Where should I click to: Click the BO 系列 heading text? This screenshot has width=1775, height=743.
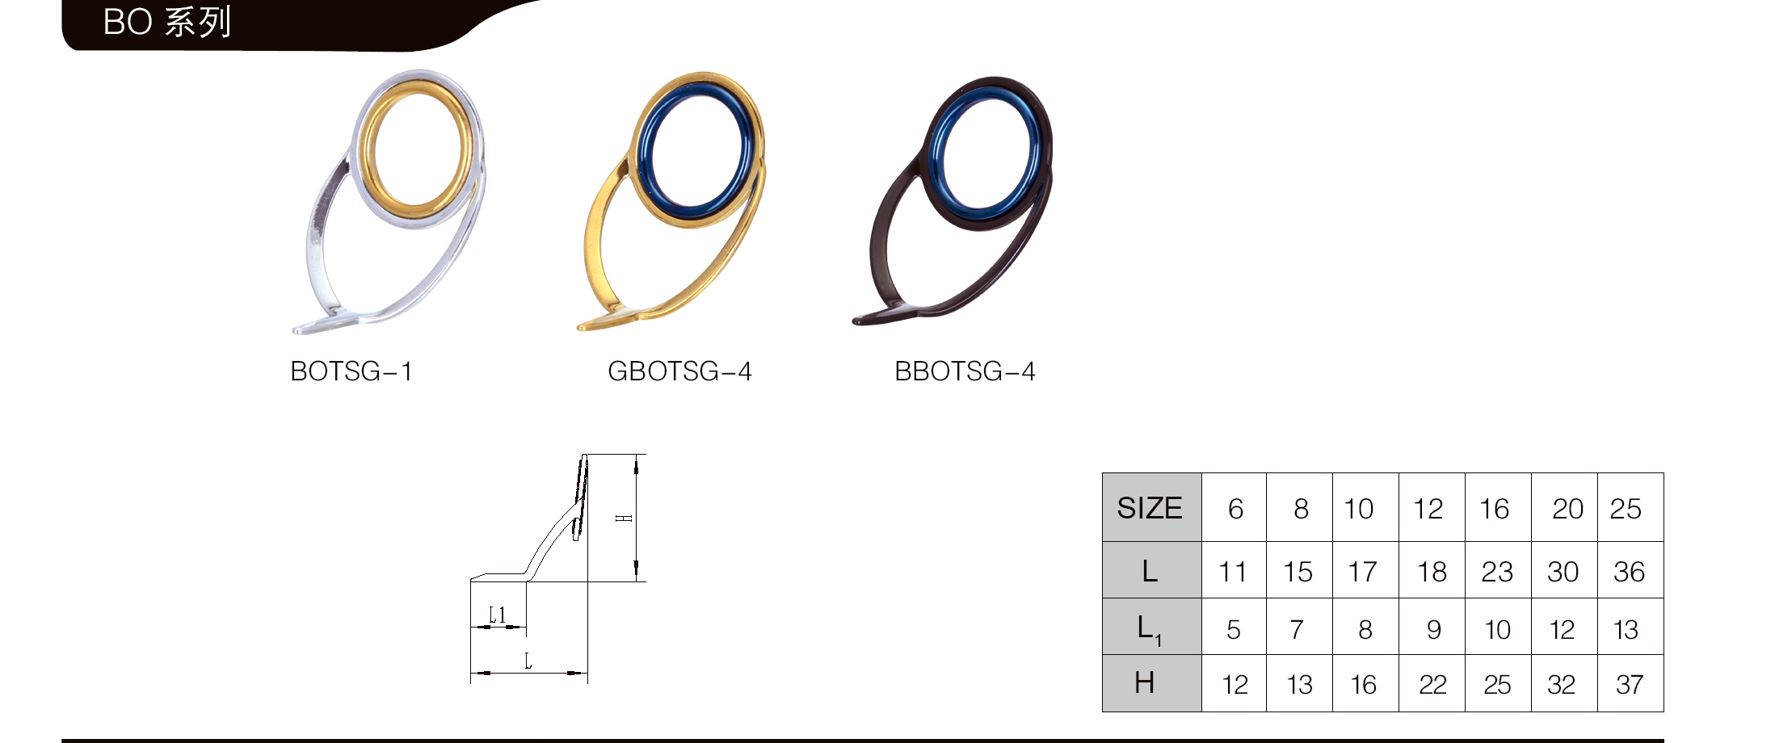click(167, 22)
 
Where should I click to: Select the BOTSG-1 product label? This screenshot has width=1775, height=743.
click(351, 371)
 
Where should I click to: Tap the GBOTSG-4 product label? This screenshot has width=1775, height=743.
click(679, 371)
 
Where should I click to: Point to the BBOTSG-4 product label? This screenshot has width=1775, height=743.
click(965, 371)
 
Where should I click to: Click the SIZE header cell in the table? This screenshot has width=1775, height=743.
click(1150, 508)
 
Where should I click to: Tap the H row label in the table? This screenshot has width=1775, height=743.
click(1144, 683)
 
